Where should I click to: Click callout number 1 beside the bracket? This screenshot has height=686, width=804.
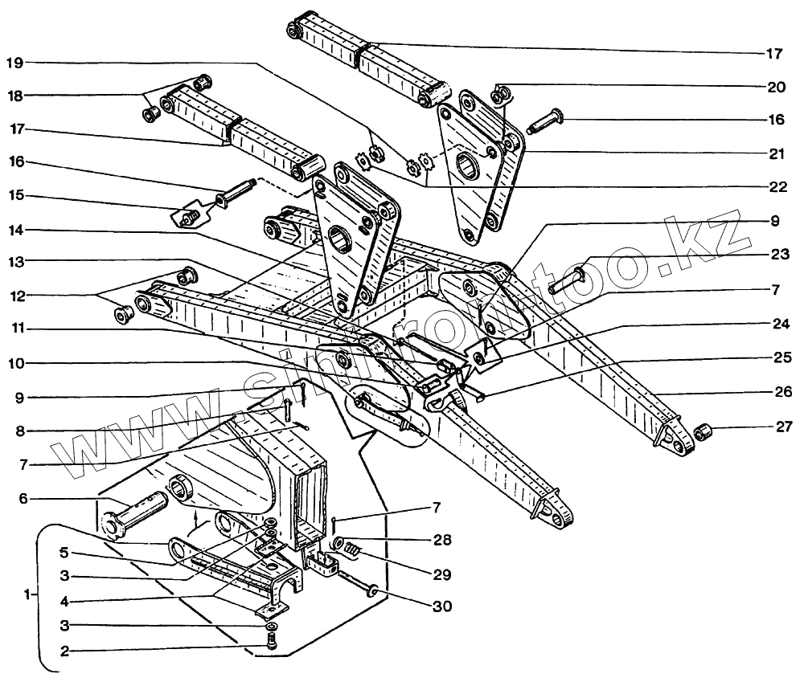pyautogui.click(x=29, y=595)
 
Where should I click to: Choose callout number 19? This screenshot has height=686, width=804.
pyautogui.click(x=17, y=61)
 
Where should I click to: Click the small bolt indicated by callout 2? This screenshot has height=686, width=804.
pyautogui.click(x=273, y=640)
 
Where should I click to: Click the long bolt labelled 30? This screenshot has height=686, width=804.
pyautogui.click(x=359, y=584)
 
